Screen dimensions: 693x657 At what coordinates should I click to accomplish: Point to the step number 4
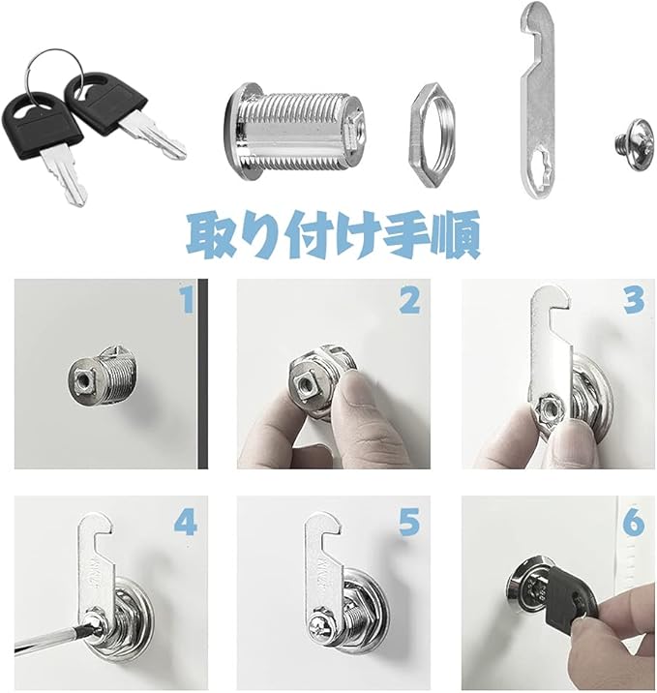point(186,524)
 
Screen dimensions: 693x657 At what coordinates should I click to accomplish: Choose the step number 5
point(409,524)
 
